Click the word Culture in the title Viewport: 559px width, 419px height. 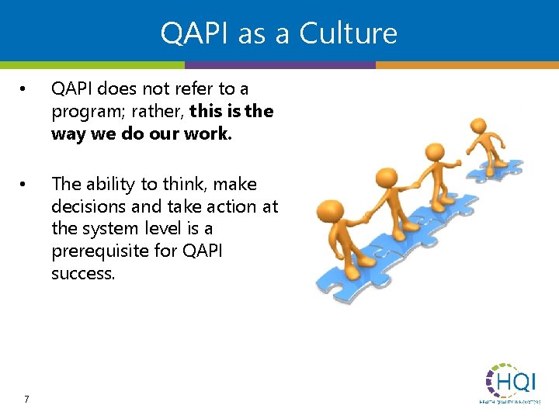pyautogui.click(x=348, y=33)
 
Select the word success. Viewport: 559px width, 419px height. pyautogui.click(x=83, y=274)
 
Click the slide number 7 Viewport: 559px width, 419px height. pyautogui.click(x=26, y=400)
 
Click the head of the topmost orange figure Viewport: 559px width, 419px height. pyautogui.click(x=479, y=126)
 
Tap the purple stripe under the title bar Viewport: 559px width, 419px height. pyautogui.click(x=279, y=65)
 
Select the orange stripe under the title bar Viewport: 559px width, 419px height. pyautogui.click(x=466, y=65)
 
